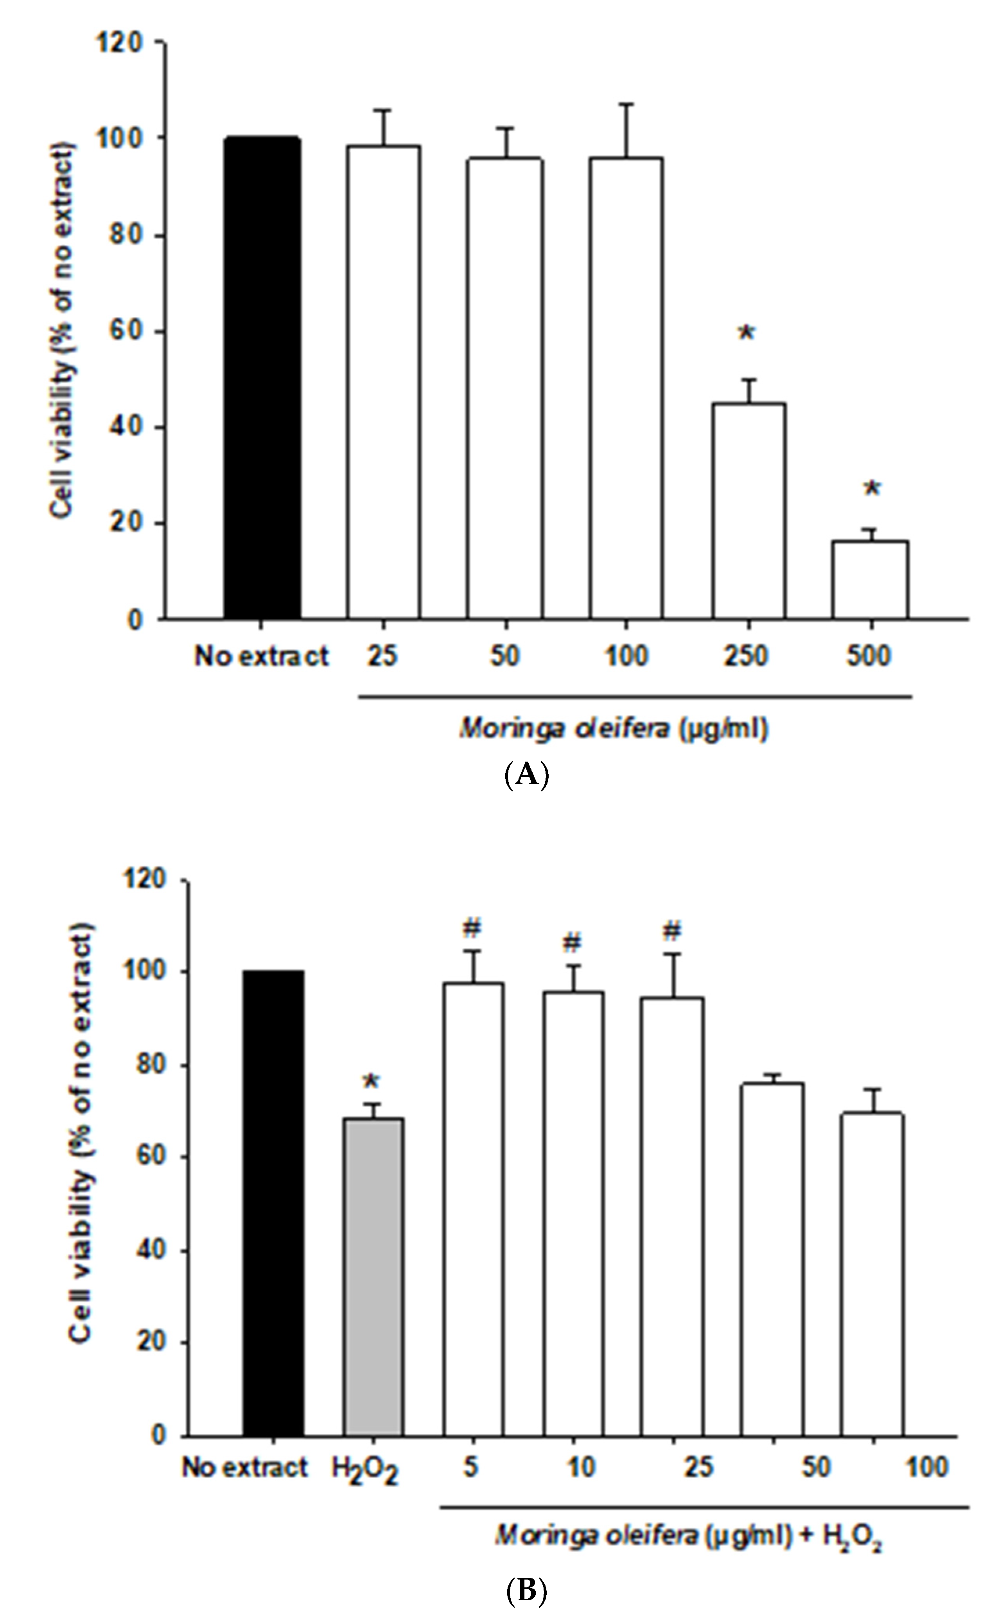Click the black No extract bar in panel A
262,378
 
